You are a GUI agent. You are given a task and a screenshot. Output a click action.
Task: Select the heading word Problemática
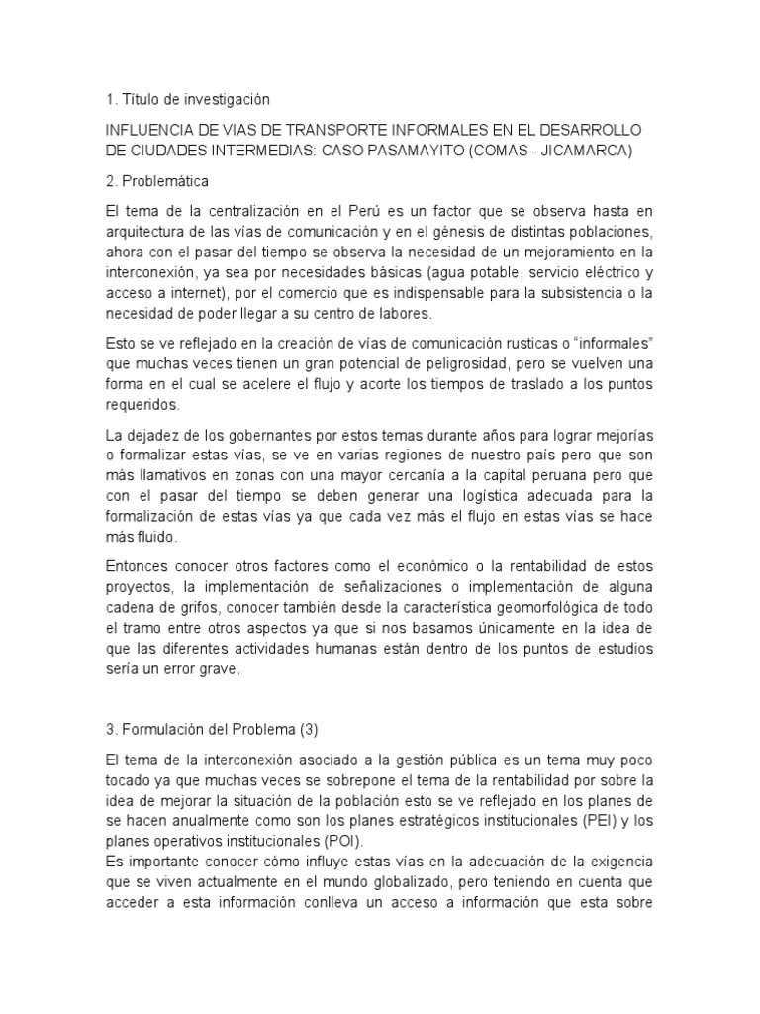pos(162,183)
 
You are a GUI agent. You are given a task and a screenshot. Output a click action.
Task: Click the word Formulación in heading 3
pos(165,729)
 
